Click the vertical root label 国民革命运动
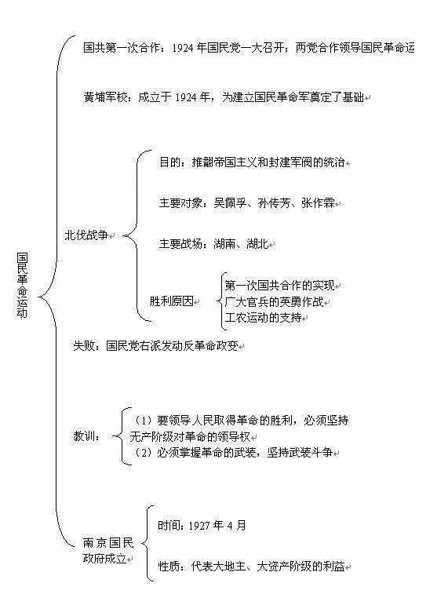click(x=22, y=285)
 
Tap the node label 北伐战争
click(x=86, y=235)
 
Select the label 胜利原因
click(x=171, y=301)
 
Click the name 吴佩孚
click(x=231, y=203)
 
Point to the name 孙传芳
click(x=274, y=203)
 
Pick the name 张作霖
click(x=318, y=203)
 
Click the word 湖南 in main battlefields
click(x=224, y=244)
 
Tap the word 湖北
click(x=257, y=244)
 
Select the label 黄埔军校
click(x=105, y=97)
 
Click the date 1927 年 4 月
click(x=217, y=526)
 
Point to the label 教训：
click(x=87, y=436)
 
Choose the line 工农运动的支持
click(x=263, y=318)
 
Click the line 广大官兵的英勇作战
click(x=274, y=302)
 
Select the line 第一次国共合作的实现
click(x=280, y=286)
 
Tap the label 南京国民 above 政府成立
click(x=108, y=543)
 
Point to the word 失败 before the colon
click(x=84, y=346)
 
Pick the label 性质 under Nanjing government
click(x=169, y=567)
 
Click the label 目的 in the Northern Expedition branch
click(x=170, y=162)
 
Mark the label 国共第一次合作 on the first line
click(x=122, y=47)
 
